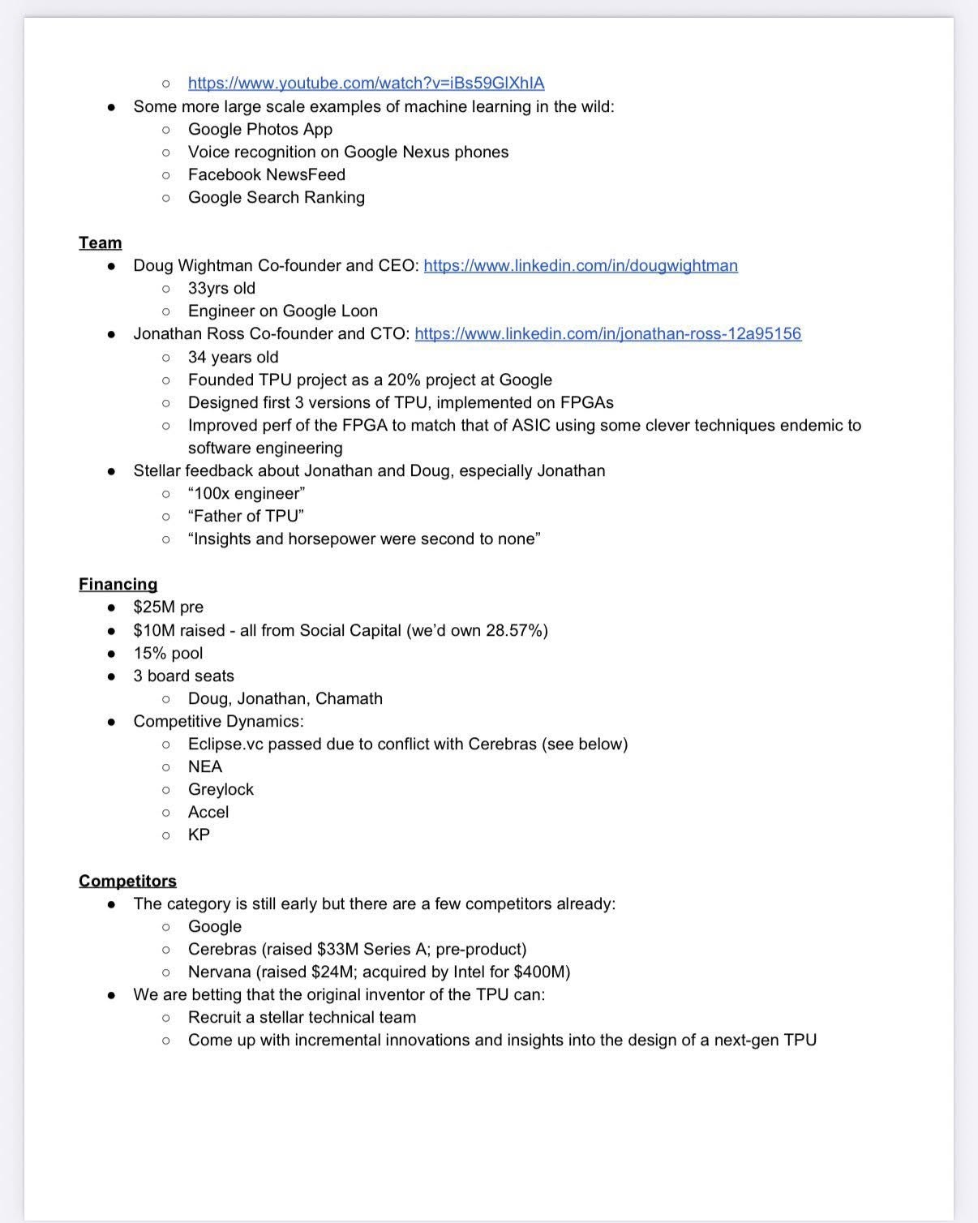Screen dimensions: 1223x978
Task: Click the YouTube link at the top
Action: click(366, 83)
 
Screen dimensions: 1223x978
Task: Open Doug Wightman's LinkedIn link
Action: click(581, 265)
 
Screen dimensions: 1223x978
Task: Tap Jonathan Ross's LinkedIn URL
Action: click(607, 333)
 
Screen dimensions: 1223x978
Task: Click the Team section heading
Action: click(101, 242)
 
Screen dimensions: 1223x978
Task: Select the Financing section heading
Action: click(118, 584)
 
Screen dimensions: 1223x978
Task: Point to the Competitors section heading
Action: click(127, 881)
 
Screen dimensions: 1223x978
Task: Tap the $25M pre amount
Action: click(168, 607)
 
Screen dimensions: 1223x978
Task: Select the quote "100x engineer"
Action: click(247, 493)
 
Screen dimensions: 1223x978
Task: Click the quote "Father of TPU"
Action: click(246, 516)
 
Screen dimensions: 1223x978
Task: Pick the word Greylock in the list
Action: click(221, 789)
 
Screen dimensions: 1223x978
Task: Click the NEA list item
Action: click(205, 766)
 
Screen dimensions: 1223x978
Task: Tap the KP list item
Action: click(199, 835)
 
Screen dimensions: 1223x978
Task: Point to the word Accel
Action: click(208, 812)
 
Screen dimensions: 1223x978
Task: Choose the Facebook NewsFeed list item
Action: click(267, 174)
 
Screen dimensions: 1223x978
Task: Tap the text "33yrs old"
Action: click(221, 288)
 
